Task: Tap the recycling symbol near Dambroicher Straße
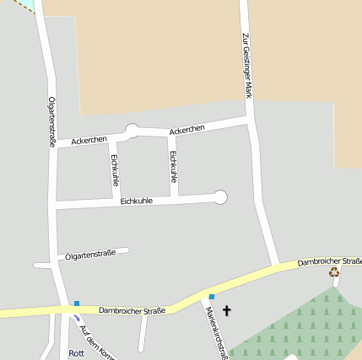pyautogui.click(x=334, y=271)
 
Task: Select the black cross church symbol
pyautogui.click(x=226, y=311)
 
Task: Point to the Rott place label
pyautogui.click(x=77, y=353)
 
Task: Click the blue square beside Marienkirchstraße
pyautogui.click(x=212, y=297)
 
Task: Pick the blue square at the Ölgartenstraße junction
pyautogui.click(x=76, y=304)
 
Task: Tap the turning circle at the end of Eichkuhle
pyautogui.click(x=220, y=197)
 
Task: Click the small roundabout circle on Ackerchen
pyautogui.click(x=132, y=130)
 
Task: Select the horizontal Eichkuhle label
pyautogui.click(x=136, y=201)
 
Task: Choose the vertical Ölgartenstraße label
pyautogui.click(x=52, y=122)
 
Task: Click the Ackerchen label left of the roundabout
pyautogui.click(x=89, y=139)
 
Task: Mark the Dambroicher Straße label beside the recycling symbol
pyautogui.click(x=329, y=262)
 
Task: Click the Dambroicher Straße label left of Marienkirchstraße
pyautogui.click(x=131, y=310)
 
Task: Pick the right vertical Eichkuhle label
pyautogui.click(x=173, y=167)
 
